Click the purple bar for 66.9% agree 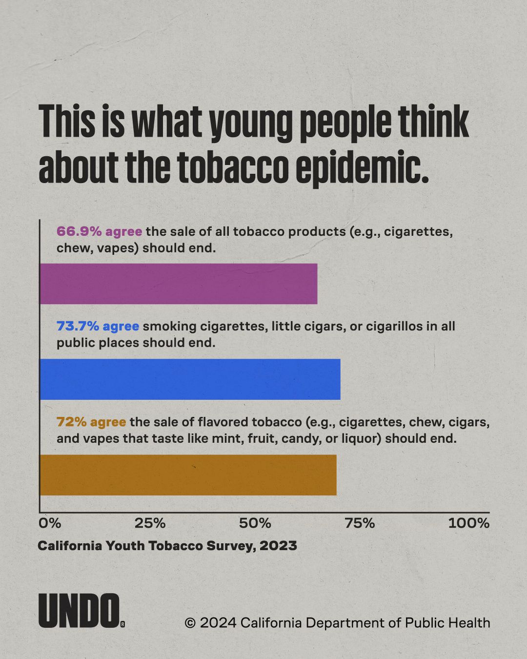(179, 284)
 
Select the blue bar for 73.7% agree (190, 379)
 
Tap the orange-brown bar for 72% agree (188, 475)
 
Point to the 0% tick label (50, 523)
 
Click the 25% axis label (150, 523)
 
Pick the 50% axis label (255, 523)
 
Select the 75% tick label (360, 523)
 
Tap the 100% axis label (469, 523)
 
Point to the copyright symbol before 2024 (190, 622)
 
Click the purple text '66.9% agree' (99, 231)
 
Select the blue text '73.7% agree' (98, 326)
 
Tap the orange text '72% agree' (91, 422)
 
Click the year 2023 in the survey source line (278, 546)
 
